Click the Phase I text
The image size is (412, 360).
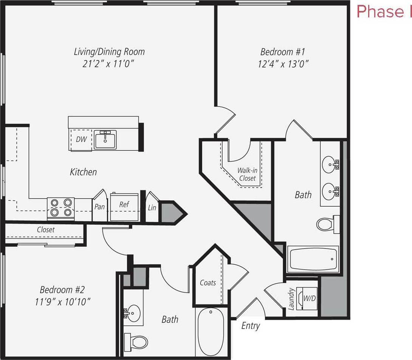pyautogui.click(x=384, y=12)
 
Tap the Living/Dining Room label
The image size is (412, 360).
pyautogui.click(x=109, y=52)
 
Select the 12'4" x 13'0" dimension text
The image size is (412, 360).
pyautogui.click(x=284, y=64)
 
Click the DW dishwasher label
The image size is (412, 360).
pyautogui.click(x=81, y=139)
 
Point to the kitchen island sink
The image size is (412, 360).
pyautogui.click(x=105, y=140)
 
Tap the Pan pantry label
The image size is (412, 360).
pyautogui.click(x=100, y=207)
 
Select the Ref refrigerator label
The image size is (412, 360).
pyautogui.click(x=124, y=204)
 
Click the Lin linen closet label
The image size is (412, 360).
pyautogui.click(x=152, y=208)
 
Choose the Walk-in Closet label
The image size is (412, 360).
pyautogui.click(x=247, y=174)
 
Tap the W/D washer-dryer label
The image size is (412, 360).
pyautogui.click(x=310, y=298)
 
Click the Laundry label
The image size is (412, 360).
pyautogui.click(x=291, y=299)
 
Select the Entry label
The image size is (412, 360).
pyautogui.click(x=250, y=326)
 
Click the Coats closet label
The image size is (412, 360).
pyautogui.click(x=208, y=283)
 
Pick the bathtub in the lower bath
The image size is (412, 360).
pyautogui.click(x=211, y=332)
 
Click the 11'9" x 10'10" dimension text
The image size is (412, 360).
pyautogui.click(x=62, y=302)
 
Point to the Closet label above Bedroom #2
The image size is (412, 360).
pyautogui.click(x=46, y=230)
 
